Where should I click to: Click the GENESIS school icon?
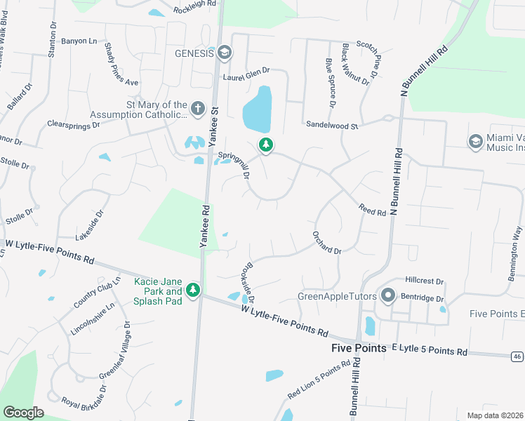(225, 53)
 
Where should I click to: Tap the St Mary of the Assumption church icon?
(198, 109)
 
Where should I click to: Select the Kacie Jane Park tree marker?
(192, 289)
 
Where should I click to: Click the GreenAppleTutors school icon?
(387, 295)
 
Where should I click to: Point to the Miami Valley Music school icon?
(476, 141)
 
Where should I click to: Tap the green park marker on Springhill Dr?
(265, 145)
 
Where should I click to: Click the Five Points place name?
(359, 348)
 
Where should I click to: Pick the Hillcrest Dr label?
(425, 281)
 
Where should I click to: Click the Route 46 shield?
(516, 356)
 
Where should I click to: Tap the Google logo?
(23, 413)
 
